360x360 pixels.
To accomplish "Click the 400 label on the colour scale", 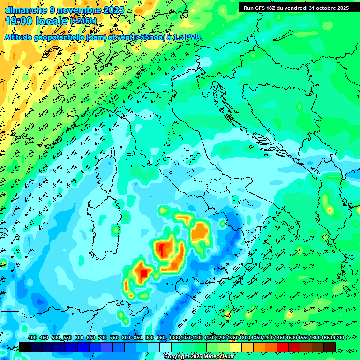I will [32, 337].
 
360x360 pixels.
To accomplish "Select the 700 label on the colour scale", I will [102, 337].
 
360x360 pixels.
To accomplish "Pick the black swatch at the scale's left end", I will [25, 346].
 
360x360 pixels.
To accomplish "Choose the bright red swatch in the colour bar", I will [283, 346].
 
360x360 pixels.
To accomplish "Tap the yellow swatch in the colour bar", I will [236, 346].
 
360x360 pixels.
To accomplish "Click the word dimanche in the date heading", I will [26, 9].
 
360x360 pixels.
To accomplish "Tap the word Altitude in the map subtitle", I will [21, 37].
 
